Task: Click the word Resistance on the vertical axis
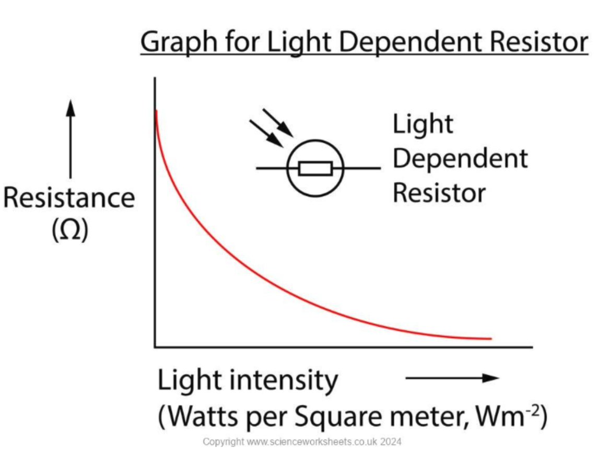click(x=69, y=199)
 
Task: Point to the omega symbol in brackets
click(x=70, y=230)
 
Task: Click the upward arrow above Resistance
click(x=71, y=138)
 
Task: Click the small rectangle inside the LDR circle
click(x=315, y=168)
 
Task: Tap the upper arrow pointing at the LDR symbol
click(x=276, y=122)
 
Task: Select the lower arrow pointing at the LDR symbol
click(x=265, y=133)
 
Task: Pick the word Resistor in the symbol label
click(x=439, y=193)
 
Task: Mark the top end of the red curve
click(x=156, y=111)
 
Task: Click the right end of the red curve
click(x=490, y=339)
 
